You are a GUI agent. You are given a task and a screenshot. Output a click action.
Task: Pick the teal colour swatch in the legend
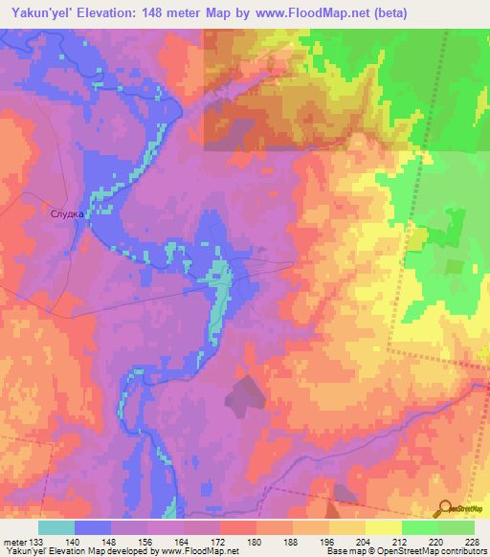(56, 527)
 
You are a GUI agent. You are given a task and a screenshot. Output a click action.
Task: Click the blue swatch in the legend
(93, 527)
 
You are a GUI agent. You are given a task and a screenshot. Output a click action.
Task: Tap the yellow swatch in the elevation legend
(382, 527)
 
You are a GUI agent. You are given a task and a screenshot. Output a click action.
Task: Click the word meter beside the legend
(13, 541)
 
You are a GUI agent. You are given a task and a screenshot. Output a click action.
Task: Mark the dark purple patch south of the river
(246, 392)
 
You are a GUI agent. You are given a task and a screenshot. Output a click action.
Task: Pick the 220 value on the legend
(436, 541)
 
